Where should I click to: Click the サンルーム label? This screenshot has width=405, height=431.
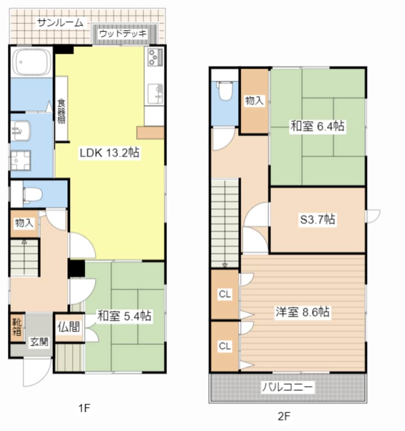click(60, 22)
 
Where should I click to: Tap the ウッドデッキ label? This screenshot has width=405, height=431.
click(123, 34)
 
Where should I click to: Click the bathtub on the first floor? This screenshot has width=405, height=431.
click(32, 62)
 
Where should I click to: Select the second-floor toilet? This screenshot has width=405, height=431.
click(225, 91)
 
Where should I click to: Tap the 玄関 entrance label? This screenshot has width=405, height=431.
click(39, 342)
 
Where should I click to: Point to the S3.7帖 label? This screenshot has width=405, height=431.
click(317, 220)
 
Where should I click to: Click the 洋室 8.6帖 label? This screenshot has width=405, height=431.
click(302, 312)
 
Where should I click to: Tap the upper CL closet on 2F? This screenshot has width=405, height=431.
click(225, 295)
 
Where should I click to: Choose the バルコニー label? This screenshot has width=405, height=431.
click(287, 386)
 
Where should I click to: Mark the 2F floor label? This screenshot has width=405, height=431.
click(284, 416)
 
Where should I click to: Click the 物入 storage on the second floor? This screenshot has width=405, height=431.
click(254, 101)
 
